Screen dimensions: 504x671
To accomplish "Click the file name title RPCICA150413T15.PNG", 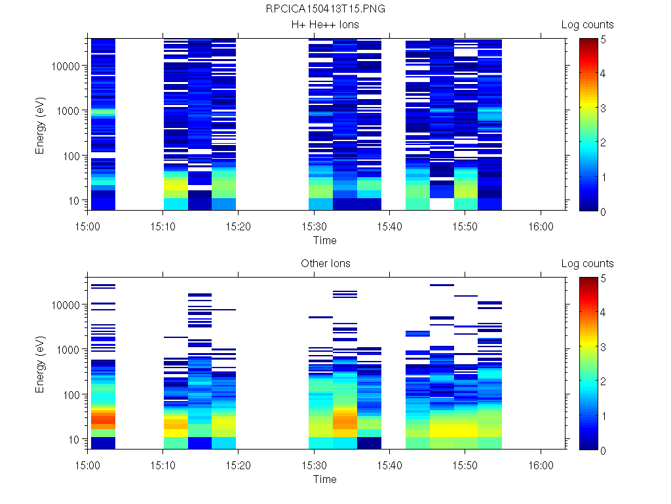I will tap(325, 10).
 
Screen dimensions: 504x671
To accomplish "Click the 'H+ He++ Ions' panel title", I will tap(325, 25).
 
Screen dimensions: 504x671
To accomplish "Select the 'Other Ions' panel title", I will tap(325, 264).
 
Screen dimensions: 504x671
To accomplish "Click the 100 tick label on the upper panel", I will tap(71, 156).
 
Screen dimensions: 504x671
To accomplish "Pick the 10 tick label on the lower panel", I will tap(73, 439).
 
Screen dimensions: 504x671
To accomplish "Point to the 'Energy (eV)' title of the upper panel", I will tap(41, 123).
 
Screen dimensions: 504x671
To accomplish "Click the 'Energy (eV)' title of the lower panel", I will tap(41, 362).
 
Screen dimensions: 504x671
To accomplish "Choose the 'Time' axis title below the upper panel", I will tap(324, 240).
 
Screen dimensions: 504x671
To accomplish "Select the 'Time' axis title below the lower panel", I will tap(324, 479).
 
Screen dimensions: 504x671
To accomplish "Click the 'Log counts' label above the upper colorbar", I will tap(587, 25).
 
